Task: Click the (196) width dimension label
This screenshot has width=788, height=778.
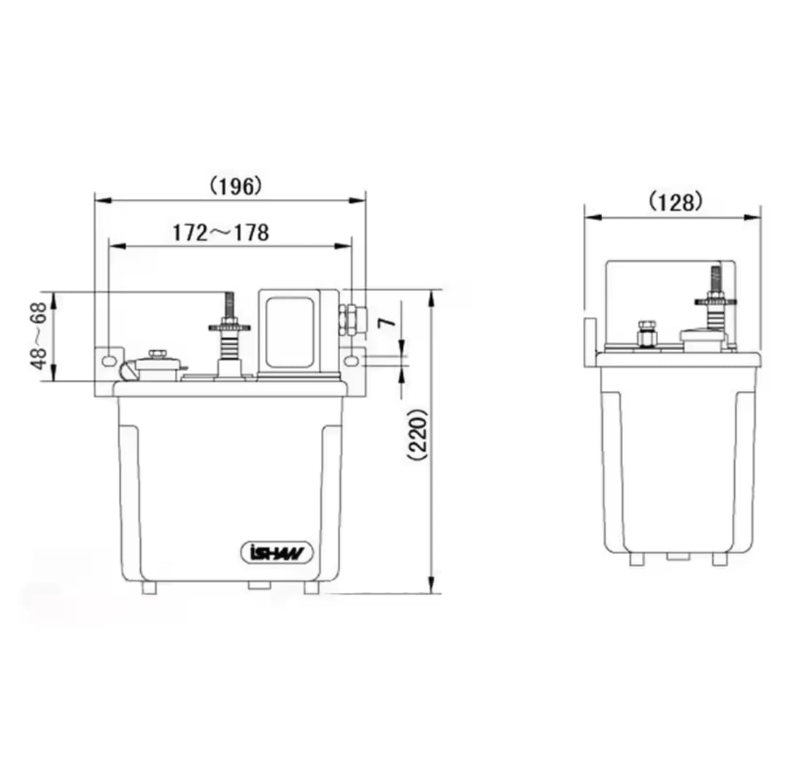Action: pyautogui.click(x=236, y=187)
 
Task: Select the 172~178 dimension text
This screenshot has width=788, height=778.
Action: pyautogui.click(x=220, y=233)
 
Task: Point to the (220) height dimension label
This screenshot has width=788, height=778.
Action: pyautogui.click(x=418, y=435)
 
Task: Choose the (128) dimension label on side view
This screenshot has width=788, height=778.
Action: pyautogui.click(x=675, y=202)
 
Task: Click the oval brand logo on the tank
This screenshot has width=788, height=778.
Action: pyautogui.click(x=277, y=553)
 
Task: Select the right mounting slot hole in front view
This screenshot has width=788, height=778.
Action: pyautogui.click(x=353, y=359)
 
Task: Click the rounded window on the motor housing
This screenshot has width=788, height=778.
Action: pyautogui.click(x=290, y=332)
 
